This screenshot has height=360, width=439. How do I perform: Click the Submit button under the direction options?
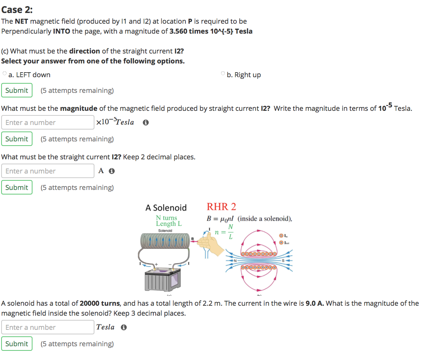coord(17,91)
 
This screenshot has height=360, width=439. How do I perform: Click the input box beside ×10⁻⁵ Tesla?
coord(48,122)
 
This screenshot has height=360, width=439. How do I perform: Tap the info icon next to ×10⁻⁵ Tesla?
coord(145,123)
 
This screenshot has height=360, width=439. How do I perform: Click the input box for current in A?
coord(48,171)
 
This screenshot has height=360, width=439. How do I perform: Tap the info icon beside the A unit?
coord(112,171)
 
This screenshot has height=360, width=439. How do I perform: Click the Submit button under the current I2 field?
coord(17,188)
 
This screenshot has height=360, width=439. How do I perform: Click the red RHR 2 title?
coord(221,207)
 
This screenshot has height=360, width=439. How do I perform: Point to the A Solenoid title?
coord(166,208)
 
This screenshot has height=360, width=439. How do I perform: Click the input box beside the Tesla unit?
coord(48,327)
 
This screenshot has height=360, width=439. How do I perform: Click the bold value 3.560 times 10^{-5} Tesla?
coord(211,31)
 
